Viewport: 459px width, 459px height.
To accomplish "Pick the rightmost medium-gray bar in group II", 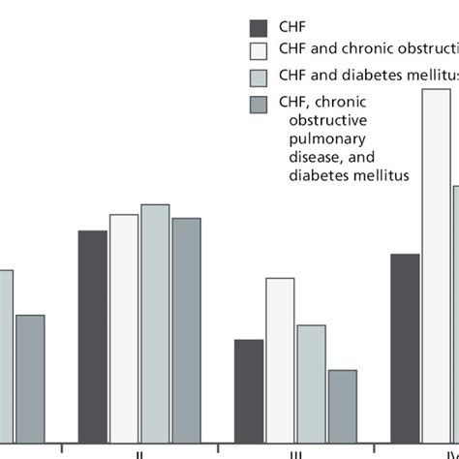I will tap(186, 329).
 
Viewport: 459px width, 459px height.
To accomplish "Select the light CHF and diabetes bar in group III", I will tap(311, 382).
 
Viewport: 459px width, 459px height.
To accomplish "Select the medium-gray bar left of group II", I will tap(30, 378).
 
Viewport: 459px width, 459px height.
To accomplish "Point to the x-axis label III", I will tap(295, 453).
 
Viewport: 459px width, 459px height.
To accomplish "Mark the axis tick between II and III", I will tap(219, 447).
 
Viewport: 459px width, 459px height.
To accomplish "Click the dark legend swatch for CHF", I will tap(260, 26).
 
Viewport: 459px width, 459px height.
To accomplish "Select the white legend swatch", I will tap(260, 51).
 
